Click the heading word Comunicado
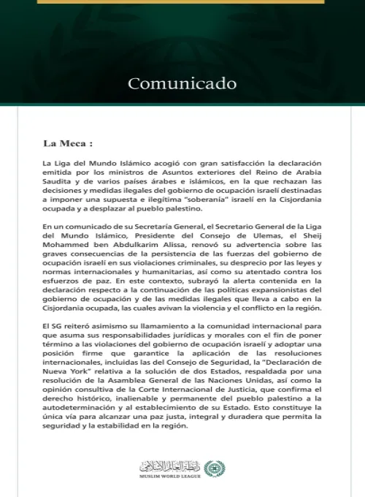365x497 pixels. pyautogui.click(x=182, y=83)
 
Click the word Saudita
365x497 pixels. pyautogui.click(x=59, y=186)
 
